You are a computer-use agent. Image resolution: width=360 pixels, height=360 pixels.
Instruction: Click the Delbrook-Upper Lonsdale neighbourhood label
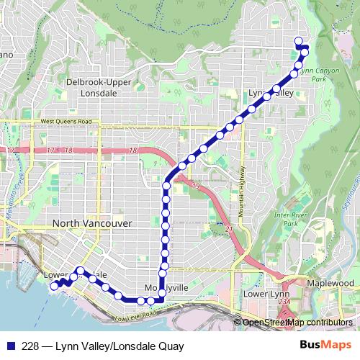click(98, 86)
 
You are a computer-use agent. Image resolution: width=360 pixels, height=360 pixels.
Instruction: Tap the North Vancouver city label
click(91, 224)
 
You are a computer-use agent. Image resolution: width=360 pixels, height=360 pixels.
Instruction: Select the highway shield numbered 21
click(229, 229)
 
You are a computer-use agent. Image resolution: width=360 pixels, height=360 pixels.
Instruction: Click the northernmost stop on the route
click(299, 40)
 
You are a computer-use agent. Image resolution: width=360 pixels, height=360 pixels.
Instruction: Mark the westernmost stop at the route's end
click(53, 285)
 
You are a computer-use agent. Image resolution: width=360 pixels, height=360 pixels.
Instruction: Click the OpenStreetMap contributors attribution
click(297, 323)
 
